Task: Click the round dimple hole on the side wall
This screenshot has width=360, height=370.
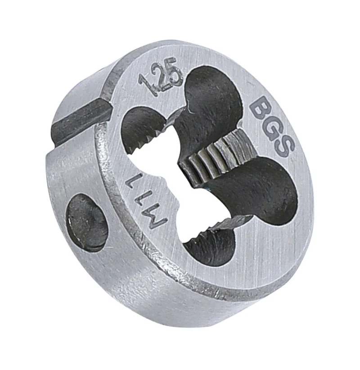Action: [86, 222]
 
